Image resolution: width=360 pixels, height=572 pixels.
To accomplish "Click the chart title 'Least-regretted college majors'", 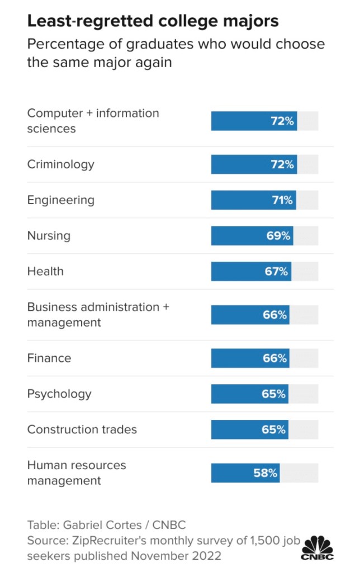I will click(153, 22).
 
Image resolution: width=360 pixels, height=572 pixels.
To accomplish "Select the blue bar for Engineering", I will click(240, 200).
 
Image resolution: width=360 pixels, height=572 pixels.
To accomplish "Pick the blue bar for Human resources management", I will click(232, 473).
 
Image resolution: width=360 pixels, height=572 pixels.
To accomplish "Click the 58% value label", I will click(266, 473).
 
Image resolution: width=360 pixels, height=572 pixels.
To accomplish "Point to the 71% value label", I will click(282, 200).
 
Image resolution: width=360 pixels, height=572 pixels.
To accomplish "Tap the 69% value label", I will click(278, 236).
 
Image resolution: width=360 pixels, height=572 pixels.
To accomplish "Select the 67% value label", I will click(276, 272).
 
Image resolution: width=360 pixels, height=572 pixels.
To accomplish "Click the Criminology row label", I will click(61, 164).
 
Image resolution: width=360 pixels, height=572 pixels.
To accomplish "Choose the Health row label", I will click(45, 272).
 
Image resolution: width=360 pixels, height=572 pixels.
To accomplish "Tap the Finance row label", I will click(49, 358).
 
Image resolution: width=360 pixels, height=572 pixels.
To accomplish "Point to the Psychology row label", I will click(59, 394).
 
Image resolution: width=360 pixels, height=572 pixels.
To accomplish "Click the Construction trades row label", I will click(82, 429).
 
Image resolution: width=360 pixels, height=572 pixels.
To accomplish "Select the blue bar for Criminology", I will click(240, 164).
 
